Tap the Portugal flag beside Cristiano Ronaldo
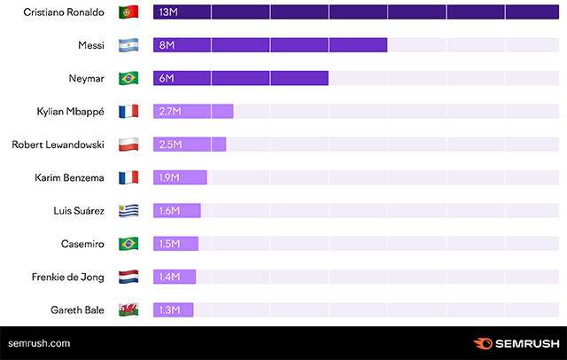point(128,12)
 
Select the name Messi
point(91,45)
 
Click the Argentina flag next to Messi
point(128,45)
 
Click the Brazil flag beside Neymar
point(128,78)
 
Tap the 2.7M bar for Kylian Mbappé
point(193,112)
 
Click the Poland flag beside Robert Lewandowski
point(128,145)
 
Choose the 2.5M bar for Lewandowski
point(190,145)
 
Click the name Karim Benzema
point(69,177)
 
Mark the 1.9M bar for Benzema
point(180,177)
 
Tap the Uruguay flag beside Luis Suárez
point(128,211)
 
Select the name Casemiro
point(82,244)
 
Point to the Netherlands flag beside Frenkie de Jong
point(128,277)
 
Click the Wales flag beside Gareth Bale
point(128,310)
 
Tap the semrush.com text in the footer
point(39,343)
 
